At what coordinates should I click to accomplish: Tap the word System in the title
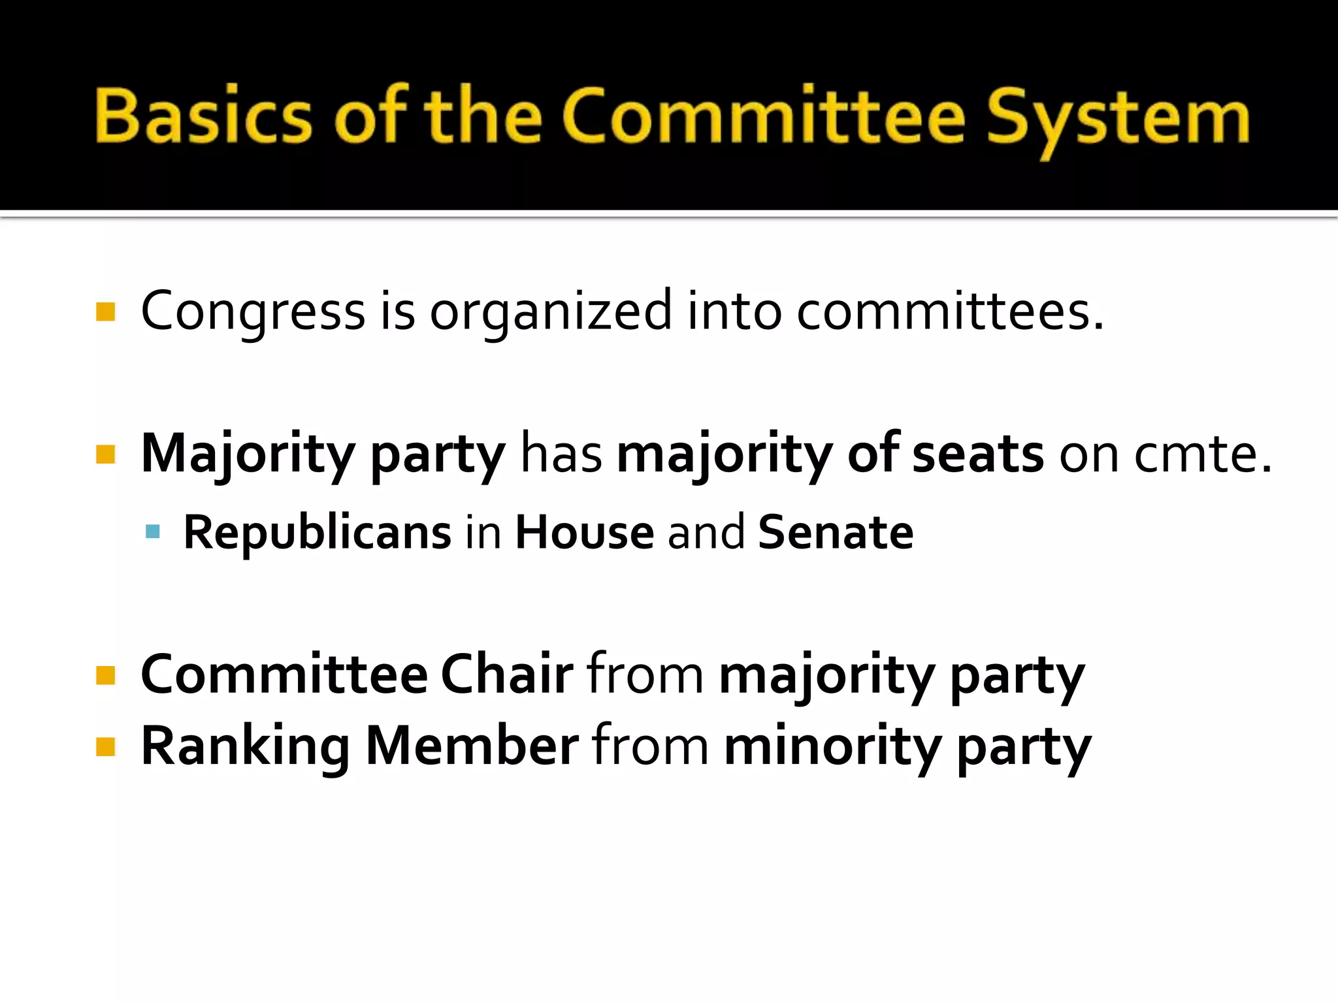(1117, 118)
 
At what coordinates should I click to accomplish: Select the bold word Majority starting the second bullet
(248, 454)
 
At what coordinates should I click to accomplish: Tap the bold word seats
(977, 454)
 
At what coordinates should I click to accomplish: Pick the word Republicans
(317, 533)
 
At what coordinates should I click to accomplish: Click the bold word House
(584, 533)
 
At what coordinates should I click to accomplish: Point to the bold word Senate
(835, 533)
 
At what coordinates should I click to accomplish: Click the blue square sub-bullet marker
(153, 532)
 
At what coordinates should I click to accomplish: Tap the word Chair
(506, 675)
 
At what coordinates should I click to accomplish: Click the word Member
(472, 746)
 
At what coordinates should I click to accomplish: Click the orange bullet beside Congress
(105, 311)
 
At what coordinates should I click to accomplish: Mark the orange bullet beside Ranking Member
(105, 746)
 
